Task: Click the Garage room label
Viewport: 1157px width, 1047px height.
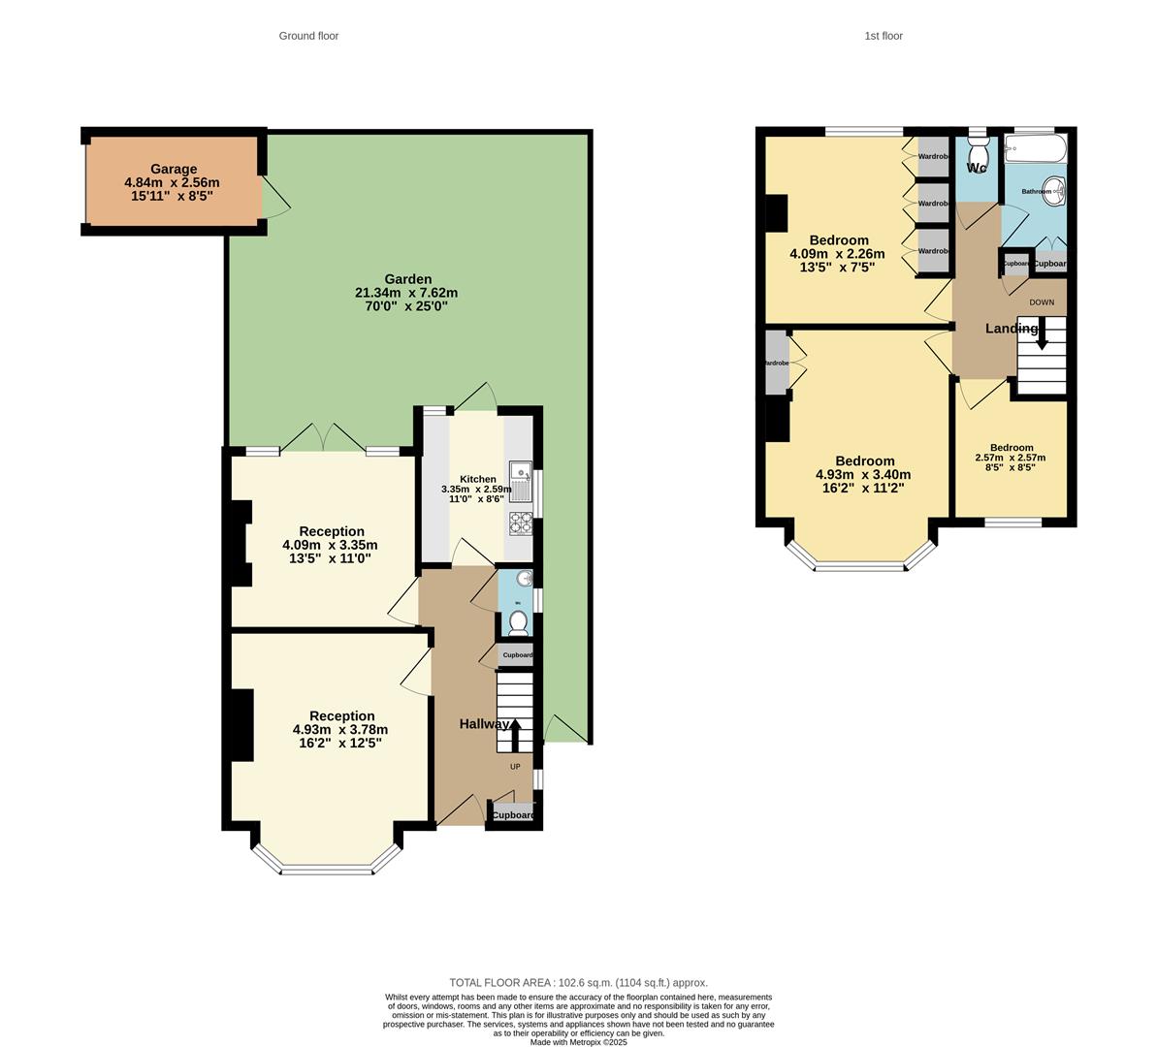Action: pyautogui.click(x=174, y=169)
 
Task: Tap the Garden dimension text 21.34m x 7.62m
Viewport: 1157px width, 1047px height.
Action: pyautogui.click(x=406, y=293)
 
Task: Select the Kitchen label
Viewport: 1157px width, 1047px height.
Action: pyautogui.click(x=477, y=479)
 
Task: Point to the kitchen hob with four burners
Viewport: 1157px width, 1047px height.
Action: pyautogui.click(x=521, y=523)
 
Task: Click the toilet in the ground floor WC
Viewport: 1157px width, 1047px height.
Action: pyautogui.click(x=519, y=621)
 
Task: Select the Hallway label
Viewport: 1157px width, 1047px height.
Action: pyautogui.click(x=484, y=724)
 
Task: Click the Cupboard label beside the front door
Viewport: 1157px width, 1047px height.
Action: pyautogui.click(x=513, y=815)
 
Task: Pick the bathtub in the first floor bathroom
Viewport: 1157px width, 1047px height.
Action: pyautogui.click(x=1035, y=149)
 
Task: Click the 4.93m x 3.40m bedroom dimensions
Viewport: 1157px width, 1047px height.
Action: pyautogui.click(x=862, y=475)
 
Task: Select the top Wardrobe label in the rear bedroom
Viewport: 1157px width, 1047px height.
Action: pyautogui.click(x=933, y=156)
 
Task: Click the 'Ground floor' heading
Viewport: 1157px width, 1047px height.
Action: pyautogui.click(x=308, y=36)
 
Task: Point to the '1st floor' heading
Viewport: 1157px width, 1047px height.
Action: pyautogui.click(x=884, y=36)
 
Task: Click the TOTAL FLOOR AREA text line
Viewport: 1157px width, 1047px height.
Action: pyautogui.click(x=578, y=982)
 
